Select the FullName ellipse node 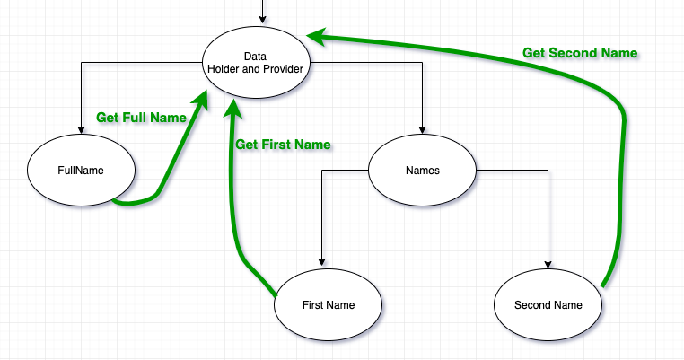click(82, 170)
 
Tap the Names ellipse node click(422, 171)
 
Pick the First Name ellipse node click(328, 305)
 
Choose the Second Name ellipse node click(548, 305)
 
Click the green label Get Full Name click(141, 118)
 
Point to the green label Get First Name click(283, 145)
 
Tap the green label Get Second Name click(580, 53)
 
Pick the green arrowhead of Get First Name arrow click(233, 106)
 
